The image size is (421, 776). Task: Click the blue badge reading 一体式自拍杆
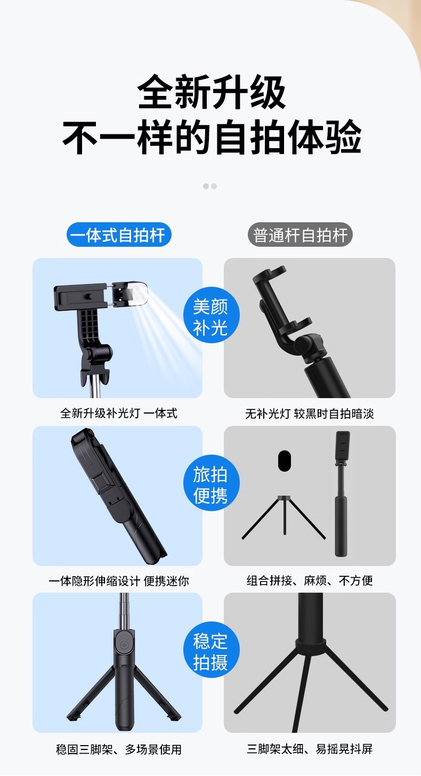pyautogui.click(x=119, y=235)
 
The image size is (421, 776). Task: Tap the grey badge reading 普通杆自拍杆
pyautogui.click(x=300, y=235)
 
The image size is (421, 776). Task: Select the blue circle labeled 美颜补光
pyautogui.click(x=211, y=316)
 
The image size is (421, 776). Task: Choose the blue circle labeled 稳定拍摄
pyautogui.click(x=211, y=650)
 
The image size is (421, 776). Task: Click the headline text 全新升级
pyautogui.click(x=212, y=92)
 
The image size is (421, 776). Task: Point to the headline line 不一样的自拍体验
pyautogui.click(x=212, y=137)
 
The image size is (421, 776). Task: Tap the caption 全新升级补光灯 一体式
pyautogui.click(x=118, y=413)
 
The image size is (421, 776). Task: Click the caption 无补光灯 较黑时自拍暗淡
pyautogui.click(x=310, y=414)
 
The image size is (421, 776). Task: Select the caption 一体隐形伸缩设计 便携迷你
pyautogui.click(x=118, y=580)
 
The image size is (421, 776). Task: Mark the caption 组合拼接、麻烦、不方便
pyautogui.click(x=310, y=580)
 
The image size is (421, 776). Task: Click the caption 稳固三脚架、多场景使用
pyautogui.click(x=118, y=749)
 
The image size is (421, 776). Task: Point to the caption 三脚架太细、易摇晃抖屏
pyautogui.click(x=310, y=749)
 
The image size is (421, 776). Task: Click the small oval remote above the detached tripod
pyautogui.click(x=285, y=460)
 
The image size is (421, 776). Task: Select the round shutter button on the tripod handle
pyautogui.click(x=124, y=645)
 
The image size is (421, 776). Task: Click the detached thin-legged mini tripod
pyautogui.click(x=284, y=518)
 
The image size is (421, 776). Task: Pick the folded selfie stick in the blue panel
pyautogui.click(x=119, y=496)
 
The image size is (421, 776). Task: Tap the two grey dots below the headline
pyautogui.click(x=210, y=186)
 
